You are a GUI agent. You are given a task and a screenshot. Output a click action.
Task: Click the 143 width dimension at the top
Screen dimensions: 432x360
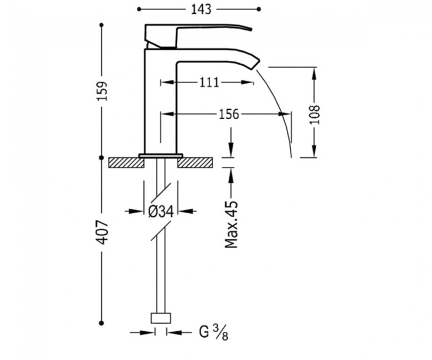(x=201, y=9)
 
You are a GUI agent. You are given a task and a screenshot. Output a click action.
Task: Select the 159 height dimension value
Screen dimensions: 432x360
(x=103, y=91)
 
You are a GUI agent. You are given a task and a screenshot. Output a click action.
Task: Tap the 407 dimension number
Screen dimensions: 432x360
(x=104, y=232)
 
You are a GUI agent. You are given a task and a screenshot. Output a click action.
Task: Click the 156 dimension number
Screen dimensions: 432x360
(x=229, y=114)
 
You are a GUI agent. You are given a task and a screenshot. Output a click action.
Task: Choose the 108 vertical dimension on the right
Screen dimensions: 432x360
(x=315, y=114)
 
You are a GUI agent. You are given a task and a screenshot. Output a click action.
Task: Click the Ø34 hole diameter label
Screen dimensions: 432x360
(x=161, y=212)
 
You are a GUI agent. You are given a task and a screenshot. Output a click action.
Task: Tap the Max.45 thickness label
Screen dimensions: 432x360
(x=231, y=224)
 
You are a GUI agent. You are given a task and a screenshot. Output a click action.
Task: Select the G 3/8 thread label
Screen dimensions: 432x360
(x=214, y=332)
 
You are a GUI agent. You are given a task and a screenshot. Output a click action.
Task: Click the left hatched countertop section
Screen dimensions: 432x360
(x=126, y=162)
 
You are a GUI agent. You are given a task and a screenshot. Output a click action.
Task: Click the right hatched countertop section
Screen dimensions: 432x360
(x=195, y=162)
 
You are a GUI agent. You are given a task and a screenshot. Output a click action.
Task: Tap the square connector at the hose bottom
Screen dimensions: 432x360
(x=161, y=318)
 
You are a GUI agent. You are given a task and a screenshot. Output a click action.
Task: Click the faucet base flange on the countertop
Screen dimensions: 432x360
(x=161, y=156)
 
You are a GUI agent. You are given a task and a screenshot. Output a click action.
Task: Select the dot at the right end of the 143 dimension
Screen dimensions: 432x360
(x=259, y=9)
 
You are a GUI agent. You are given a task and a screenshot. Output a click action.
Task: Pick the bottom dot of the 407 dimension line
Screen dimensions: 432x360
(x=102, y=323)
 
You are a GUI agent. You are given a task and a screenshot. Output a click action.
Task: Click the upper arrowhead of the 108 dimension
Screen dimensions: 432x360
(x=314, y=74)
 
